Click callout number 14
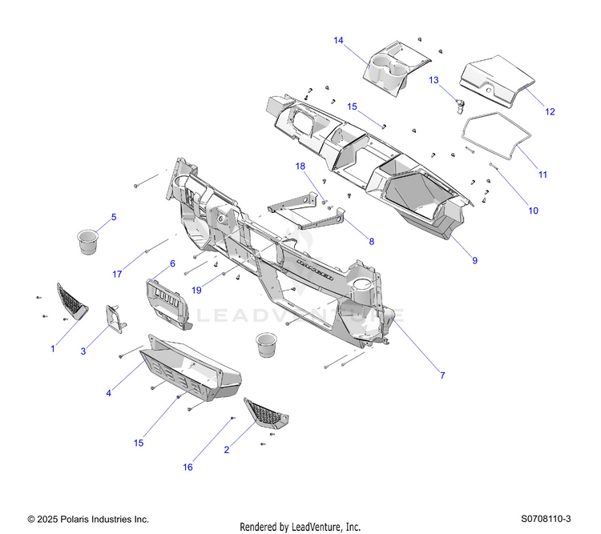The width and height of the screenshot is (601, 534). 338,40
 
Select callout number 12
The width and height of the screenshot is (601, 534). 550,111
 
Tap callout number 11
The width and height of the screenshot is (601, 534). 543,174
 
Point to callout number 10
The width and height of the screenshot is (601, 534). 533,211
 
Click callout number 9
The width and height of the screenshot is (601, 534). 474,260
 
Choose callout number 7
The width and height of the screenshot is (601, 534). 442,375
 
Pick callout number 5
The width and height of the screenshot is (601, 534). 113,217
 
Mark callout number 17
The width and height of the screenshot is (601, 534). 117,275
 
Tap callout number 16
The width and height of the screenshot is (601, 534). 189,468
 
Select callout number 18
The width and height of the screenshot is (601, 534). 300,167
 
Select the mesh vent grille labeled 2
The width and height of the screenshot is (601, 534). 265,413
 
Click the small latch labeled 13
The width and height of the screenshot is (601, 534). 459,104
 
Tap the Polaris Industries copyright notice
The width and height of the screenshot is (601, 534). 88,520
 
